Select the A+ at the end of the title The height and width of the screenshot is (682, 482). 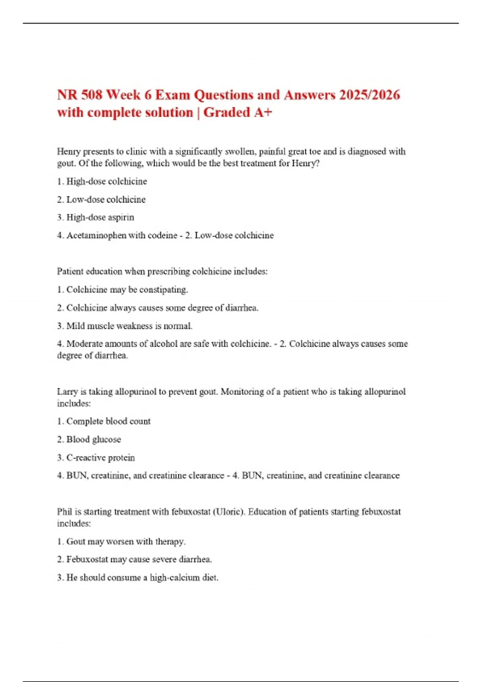click(x=263, y=113)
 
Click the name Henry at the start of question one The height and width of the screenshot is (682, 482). click(x=69, y=152)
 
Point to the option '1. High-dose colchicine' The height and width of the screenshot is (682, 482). click(x=102, y=181)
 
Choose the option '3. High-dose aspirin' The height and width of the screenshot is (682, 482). click(x=96, y=217)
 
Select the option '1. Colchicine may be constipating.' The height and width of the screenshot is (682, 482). click(x=123, y=290)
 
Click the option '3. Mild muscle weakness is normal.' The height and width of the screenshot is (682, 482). click(x=125, y=326)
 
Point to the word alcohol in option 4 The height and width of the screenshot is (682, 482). click(x=164, y=344)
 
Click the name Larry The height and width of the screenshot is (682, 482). click(x=67, y=392)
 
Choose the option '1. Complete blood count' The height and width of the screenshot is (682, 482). click(x=104, y=421)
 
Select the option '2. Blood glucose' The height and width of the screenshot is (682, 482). click(x=89, y=439)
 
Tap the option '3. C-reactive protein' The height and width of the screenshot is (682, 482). click(x=96, y=458)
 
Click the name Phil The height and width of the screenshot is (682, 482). click(x=64, y=512)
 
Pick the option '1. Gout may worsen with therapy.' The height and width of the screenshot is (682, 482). click(x=121, y=542)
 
